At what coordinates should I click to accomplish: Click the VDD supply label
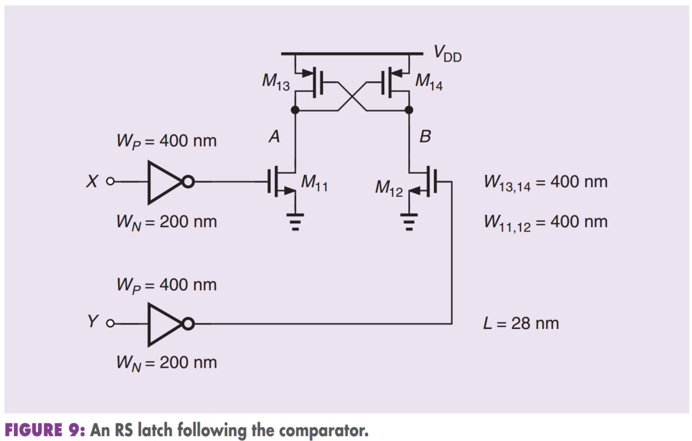pos(447,54)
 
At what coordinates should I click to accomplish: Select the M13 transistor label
pos(276,82)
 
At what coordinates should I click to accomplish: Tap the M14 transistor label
pos(429,82)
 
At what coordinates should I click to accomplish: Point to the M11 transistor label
pos(314,182)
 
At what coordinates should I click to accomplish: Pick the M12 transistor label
pos(389,188)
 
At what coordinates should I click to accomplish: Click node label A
pos(274,137)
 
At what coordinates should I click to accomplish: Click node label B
pos(425,137)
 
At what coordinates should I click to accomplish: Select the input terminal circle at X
pos(110,181)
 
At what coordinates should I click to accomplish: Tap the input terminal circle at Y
pos(110,323)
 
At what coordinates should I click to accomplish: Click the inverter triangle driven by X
pos(164,182)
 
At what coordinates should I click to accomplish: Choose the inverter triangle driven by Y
pos(164,324)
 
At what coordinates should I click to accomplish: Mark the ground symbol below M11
pos(295,222)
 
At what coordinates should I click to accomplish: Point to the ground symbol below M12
pos(409,222)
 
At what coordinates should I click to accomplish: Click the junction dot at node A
pos(295,110)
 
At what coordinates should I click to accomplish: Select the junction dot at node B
pos(409,110)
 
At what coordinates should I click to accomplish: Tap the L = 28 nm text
pos(521,323)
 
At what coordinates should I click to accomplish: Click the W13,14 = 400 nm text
pos(546,183)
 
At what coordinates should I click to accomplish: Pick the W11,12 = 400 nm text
pos(546,223)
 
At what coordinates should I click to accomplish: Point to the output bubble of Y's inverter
pos(188,324)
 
